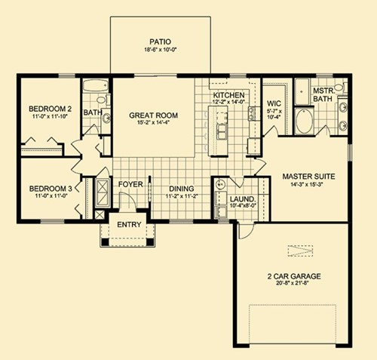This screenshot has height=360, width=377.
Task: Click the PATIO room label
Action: coord(160,42)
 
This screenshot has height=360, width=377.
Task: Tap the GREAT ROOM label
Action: coord(153,115)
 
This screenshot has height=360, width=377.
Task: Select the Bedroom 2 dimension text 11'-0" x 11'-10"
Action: coord(51,116)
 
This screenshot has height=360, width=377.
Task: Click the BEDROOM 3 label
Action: coord(51,189)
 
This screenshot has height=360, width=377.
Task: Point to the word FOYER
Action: coord(130,184)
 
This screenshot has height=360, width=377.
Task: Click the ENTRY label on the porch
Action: coord(129,224)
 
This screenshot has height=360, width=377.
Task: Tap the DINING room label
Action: coord(182,189)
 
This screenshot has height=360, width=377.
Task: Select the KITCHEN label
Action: coord(228,95)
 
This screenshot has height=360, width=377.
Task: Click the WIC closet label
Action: coord(274,103)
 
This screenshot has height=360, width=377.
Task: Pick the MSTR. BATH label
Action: coord(323,94)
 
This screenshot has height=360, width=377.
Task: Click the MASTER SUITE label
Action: coord(308,177)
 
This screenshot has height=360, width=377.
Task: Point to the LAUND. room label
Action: coord(243,199)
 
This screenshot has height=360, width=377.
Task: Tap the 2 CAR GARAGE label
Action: coord(294,276)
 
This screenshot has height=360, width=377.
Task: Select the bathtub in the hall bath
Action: coord(96,86)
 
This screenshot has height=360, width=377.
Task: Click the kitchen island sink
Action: coord(222,131)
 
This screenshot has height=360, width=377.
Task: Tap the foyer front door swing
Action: coord(127,201)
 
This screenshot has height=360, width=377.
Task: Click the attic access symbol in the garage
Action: coord(300,251)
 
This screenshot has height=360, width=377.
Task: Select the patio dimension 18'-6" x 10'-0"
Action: coord(160,50)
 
